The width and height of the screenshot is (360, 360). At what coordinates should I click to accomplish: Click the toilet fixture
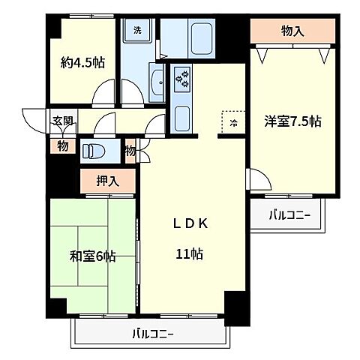[93, 151]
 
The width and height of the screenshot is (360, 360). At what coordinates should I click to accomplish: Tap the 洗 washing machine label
[137, 31]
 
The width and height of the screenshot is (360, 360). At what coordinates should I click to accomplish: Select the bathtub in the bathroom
[202, 39]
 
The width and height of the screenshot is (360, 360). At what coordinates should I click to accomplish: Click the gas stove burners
[182, 77]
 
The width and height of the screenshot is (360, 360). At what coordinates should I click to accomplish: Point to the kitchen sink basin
[182, 118]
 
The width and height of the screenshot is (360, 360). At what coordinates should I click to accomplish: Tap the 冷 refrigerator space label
[233, 123]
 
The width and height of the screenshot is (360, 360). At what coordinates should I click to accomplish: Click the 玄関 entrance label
[63, 121]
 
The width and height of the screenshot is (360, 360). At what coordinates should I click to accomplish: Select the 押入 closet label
[108, 181]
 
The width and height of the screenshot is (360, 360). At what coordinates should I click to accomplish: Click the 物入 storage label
[292, 31]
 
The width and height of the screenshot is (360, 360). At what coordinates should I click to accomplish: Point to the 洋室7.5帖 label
[292, 121]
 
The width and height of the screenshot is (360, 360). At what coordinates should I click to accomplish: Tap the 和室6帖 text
[93, 256]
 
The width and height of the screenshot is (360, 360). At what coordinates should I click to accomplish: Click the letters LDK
[190, 223]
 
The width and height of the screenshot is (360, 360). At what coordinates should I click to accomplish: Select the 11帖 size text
[190, 254]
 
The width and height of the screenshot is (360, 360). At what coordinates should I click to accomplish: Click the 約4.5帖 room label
[82, 62]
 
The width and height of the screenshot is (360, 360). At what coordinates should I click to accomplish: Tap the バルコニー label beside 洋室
[289, 215]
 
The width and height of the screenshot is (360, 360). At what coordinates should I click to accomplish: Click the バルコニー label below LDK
[153, 334]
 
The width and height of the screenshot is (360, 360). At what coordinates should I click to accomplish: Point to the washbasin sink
[157, 82]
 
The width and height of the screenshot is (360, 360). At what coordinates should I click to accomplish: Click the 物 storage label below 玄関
[62, 146]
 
